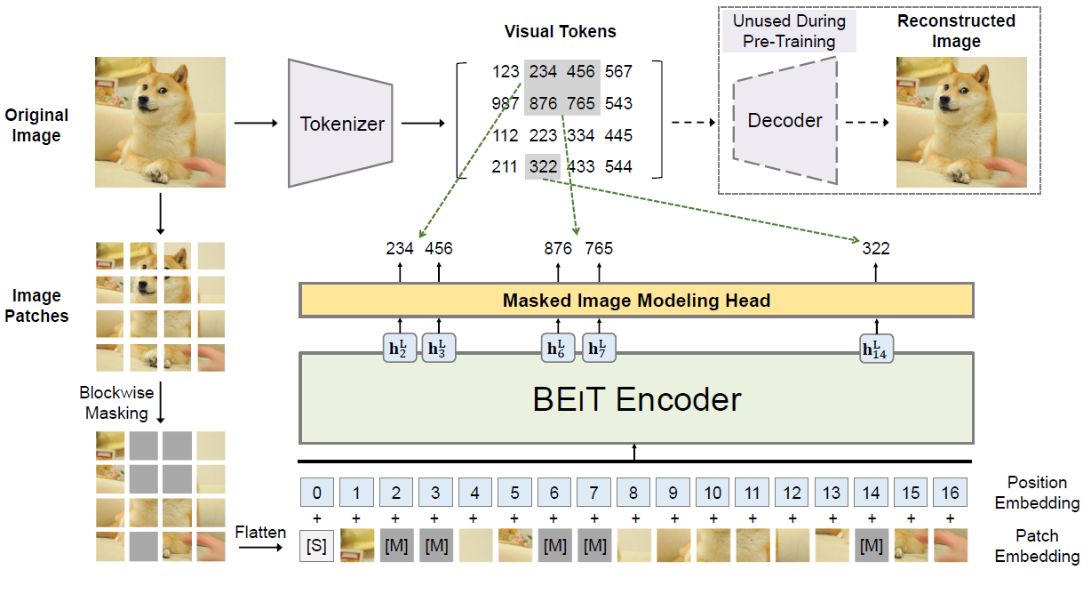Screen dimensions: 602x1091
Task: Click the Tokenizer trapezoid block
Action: click(342, 123)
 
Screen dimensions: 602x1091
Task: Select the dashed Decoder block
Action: click(784, 120)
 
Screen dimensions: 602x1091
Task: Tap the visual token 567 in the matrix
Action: click(618, 72)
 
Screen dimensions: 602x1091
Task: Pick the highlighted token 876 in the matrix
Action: click(543, 104)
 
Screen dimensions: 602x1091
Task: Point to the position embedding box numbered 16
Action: click(950, 493)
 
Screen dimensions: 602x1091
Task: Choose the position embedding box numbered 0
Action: click(316, 493)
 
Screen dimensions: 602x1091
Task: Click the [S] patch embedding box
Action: click(316, 546)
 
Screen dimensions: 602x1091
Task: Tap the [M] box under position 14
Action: click(872, 546)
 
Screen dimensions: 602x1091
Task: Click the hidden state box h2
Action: click(399, 349)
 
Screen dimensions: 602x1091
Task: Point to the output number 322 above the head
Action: click(876, 249)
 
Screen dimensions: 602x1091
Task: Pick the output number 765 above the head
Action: click(599, 249)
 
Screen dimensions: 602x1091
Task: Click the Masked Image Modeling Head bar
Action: click(636, 301)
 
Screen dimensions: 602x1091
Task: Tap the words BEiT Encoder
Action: click(636, 399)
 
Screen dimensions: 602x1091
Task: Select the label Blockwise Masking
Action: click(117, 403)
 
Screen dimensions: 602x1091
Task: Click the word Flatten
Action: click(260, 533)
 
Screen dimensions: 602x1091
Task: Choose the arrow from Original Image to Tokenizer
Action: click(254, 123)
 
